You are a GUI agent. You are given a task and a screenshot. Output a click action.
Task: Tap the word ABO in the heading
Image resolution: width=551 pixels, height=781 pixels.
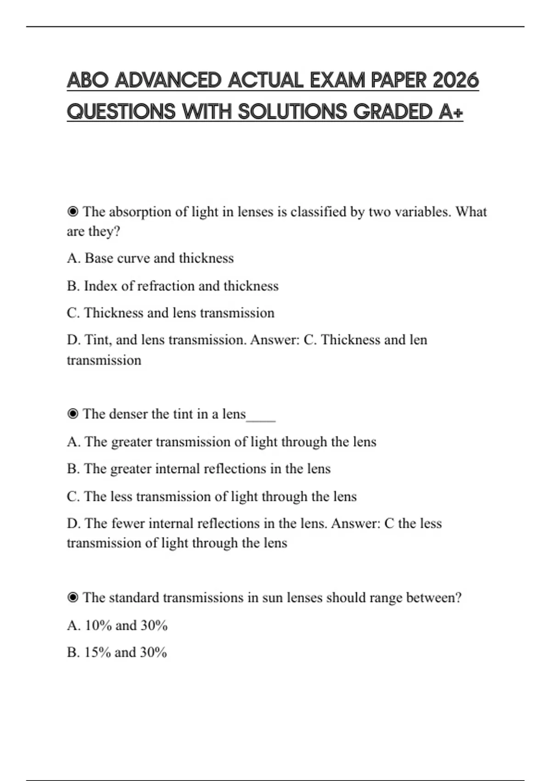pyautogui.click(x=87, y=80)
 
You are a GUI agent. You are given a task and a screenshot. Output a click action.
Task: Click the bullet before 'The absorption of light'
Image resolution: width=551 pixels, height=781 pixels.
pyautogui.click(x=73, y=212)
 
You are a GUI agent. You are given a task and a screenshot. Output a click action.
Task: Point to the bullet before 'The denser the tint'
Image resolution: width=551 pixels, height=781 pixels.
pyautogui.click(x=73, y=414)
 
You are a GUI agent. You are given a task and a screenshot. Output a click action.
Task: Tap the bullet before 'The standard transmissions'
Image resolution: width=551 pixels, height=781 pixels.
pyautogui.click(x=73, y=598)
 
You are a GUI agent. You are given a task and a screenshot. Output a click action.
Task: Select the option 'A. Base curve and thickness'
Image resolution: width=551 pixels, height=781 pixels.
pyautogui.click(x=150, y=258)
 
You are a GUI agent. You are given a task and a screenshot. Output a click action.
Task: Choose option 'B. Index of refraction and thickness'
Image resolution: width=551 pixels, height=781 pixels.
pyautogui.click(x=173, y=286)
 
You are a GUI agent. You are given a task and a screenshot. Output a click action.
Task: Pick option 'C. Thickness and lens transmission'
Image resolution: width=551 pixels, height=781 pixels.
pyautogui.click(x=170, y=313)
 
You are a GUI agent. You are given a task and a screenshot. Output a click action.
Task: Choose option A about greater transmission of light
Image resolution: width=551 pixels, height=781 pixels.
pyautogui.click(x=221, y=442)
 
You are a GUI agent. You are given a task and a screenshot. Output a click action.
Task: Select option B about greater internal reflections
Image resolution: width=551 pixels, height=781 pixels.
pyautogui.click(x=198, y=469)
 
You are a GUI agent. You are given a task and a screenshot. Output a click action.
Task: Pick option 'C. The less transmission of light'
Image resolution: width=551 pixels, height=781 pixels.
pyautogui.click(x=211, y=497)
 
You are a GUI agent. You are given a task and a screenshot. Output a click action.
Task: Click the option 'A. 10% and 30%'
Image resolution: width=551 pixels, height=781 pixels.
pyautogui.click(x=117, y=625)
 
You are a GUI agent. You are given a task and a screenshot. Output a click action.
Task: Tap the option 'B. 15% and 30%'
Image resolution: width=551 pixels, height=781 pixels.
pyautogui.click(x=117, y=652)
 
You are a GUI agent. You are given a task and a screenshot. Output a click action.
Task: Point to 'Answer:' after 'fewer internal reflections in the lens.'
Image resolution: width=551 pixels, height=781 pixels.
pyautogui.click(x=355, y=524)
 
